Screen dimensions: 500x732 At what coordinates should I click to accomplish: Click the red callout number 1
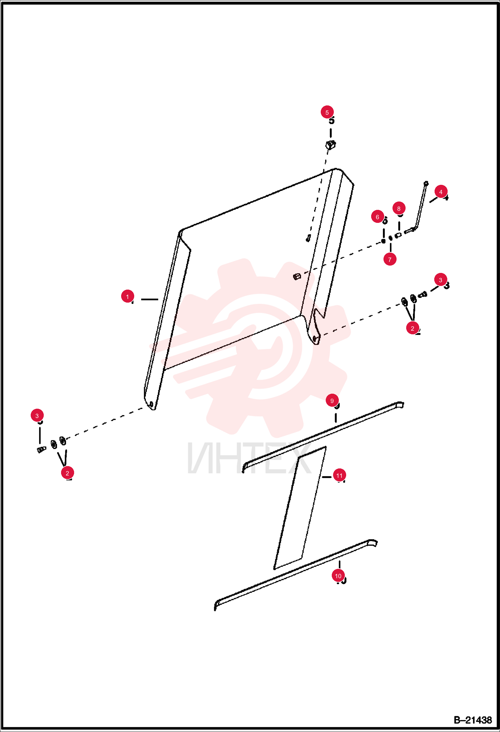click(128, 296)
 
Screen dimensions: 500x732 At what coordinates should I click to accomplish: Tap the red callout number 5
click(327, 112)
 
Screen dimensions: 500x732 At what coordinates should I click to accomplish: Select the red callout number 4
click(441, 192)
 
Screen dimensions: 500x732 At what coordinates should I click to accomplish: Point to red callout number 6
click(378, 217)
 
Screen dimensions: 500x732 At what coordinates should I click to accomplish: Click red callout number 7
click(390, 259)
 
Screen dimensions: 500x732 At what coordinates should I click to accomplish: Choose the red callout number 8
click(399, 209)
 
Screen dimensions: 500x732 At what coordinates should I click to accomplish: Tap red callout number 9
click(332, 401)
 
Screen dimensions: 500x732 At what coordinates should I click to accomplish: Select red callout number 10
click(338, 576)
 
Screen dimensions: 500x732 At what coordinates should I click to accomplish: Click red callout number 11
click(339, 475)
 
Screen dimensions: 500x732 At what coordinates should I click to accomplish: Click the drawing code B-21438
click(473, 720)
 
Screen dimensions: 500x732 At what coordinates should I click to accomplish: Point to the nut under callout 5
click(330, 145)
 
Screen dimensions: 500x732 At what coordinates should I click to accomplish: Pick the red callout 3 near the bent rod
click(441, 280)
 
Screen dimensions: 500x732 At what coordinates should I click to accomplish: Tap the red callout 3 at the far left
click(37, 416)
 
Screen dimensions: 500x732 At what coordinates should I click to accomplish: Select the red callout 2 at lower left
click(67, 473)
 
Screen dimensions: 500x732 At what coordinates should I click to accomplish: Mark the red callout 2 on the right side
click(413, 328)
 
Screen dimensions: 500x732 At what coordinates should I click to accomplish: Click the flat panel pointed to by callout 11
click(300, 508)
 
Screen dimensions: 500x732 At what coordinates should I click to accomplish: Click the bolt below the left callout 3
click(41, 449)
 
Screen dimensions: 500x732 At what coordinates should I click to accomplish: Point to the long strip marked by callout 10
click(296, 575)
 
